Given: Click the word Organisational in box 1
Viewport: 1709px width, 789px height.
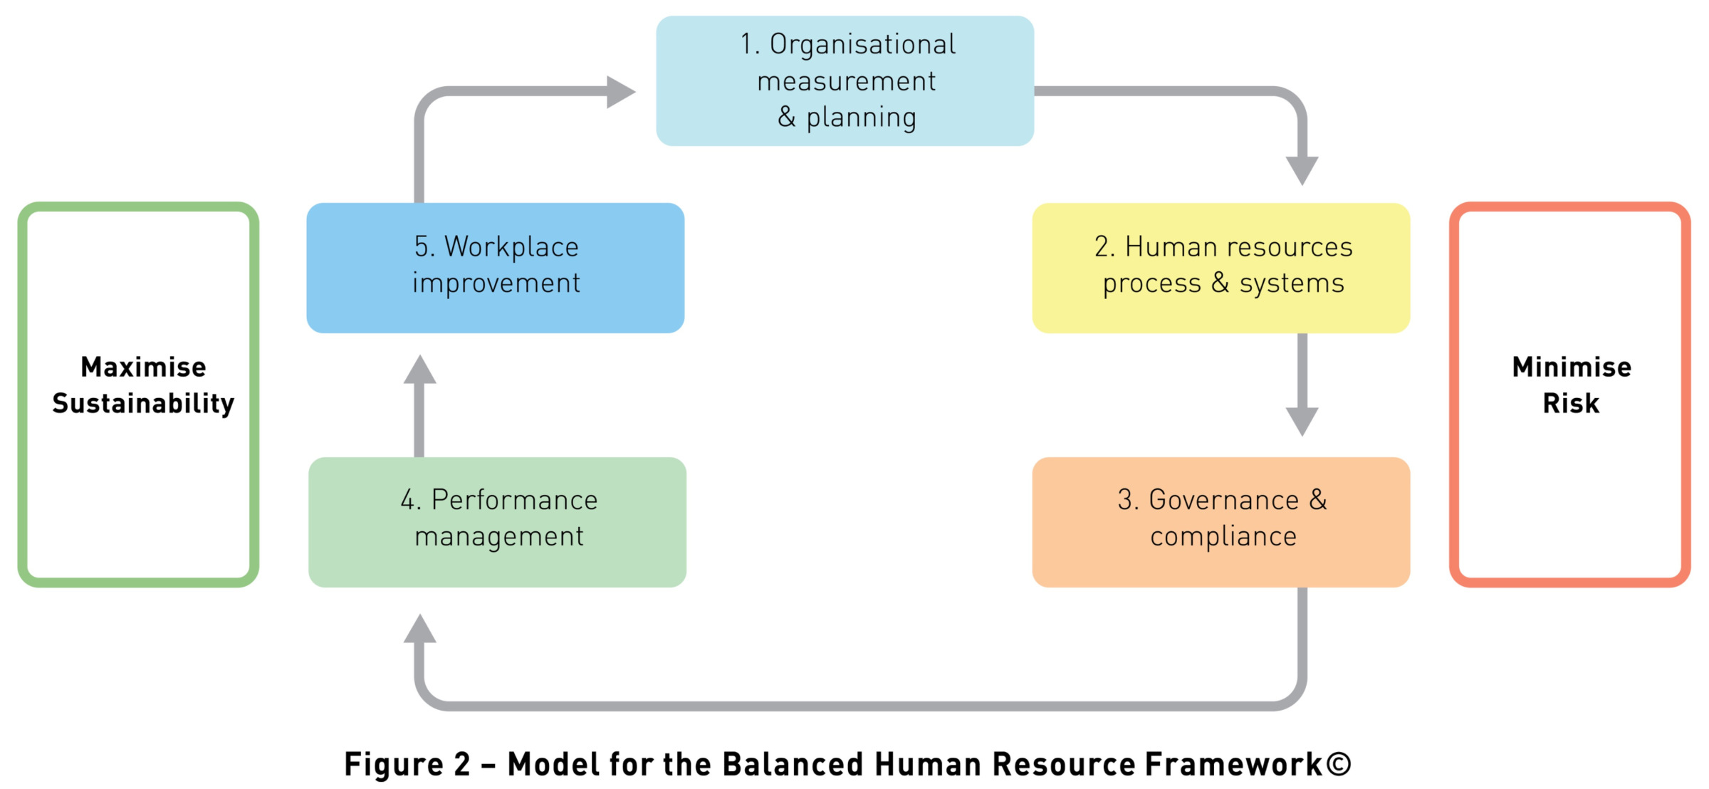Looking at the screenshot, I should [x=862, y=45].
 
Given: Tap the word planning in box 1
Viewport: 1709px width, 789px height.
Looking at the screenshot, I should [x=861, y=118].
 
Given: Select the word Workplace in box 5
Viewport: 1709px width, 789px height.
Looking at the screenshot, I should [x=511, y=247].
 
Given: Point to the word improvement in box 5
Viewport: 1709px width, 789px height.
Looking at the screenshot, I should [x=496, y=283].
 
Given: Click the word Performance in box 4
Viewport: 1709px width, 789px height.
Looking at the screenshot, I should [x=514, y=500].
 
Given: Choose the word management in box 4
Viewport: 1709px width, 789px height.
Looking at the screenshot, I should [x=499, y=537].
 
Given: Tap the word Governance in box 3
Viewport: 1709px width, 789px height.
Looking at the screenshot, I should [x=1223, y=500].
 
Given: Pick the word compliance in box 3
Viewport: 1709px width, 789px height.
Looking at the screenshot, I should [x=1223, y=537].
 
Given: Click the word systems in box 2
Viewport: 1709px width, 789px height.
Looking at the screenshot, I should [x=1292, y=283].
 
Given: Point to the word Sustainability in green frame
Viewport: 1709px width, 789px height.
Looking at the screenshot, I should [x=143, y=404].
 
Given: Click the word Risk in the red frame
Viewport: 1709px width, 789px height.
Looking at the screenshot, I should [x=1571, y=404].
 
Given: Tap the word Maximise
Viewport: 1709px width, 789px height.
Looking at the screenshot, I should [x=143, y=367].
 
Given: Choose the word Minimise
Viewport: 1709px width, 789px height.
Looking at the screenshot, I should [x=1572, y=367].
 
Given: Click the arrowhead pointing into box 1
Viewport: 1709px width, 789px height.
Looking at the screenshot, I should [x=620, y=92].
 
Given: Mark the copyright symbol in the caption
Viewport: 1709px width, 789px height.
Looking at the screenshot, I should [x=1339, y=764].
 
